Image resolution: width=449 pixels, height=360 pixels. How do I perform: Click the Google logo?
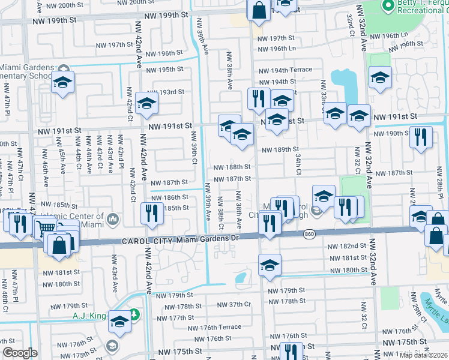click(x=20, y=353)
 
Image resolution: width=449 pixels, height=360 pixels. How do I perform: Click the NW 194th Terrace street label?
click(x=285, y=70)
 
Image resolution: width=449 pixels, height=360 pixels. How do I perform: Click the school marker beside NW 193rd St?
click(x=146, y=104)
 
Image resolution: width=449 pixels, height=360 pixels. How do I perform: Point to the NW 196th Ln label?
click(x=277, y=49)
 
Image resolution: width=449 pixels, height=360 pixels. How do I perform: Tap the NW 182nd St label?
click(x=347, y=246)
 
